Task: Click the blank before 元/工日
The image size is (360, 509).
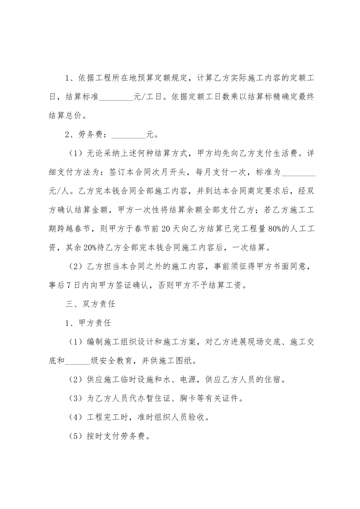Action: (116, 97)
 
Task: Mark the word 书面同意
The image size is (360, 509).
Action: (293, 267)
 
